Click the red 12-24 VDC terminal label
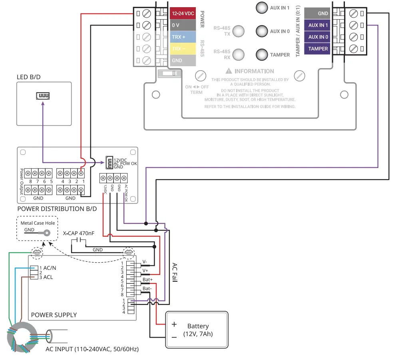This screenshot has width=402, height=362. (x=183, y=13)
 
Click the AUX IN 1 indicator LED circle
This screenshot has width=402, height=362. (x=261, y=8)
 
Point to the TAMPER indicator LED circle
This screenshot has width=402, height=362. (x=261, y=55)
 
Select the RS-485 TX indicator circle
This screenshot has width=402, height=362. (x=239, y=31)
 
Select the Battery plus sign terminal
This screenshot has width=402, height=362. (x=174, y=324)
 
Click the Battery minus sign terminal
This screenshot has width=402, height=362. (x=174, y=337)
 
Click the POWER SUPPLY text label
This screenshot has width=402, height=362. (x=54, y=315)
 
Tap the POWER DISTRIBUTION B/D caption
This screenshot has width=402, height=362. (x=57, y=209)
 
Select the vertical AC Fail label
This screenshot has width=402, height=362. (x=174, y=272)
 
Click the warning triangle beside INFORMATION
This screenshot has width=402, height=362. (x=229, y=71)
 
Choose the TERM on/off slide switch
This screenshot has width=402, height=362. (x=169, y=73)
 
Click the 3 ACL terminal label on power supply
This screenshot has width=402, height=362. (x=46, y=277)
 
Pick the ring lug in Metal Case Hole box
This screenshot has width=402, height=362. (x=47, y=233)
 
